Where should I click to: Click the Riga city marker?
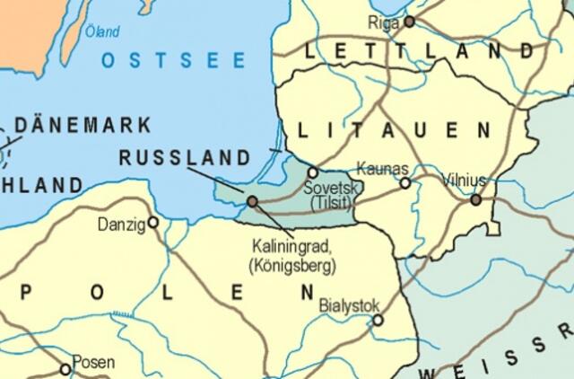[410, 21]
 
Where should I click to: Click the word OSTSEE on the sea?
[173, 61]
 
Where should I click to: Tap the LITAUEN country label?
[394, 131]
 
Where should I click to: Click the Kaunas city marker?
[405, 183]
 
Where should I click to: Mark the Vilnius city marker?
[476, 200]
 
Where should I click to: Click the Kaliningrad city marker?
[252, 201]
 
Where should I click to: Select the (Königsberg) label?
[291, 266]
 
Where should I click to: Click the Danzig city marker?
[153, 222]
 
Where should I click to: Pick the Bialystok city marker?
[378, 320]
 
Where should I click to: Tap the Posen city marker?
[65, 369]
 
